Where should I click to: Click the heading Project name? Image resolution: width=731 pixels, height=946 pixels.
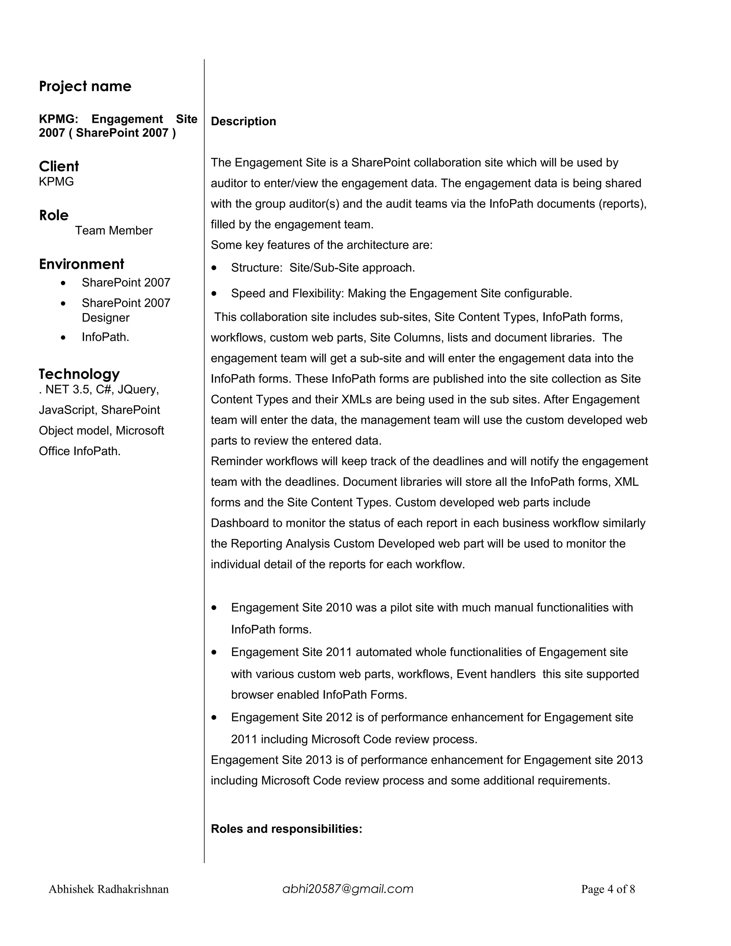pos(85,87)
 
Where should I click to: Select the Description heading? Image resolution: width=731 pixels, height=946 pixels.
pos(243,121)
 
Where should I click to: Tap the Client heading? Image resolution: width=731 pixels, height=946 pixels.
pos(59,166)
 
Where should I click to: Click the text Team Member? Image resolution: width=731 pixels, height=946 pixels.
pos(114,231)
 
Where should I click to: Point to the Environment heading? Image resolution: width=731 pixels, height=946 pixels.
pos(81,264)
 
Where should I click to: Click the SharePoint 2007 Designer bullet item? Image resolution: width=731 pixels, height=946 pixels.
pos(126,310)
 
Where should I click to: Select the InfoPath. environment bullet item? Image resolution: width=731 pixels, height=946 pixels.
pos(105,337)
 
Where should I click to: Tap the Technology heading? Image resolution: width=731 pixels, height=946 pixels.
pos(79,374)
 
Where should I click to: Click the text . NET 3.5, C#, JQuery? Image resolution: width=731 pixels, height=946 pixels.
pos(99,389)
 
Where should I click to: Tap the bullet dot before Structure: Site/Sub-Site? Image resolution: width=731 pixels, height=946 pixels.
pos(214,268)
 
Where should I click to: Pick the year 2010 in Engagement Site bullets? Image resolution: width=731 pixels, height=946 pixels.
pos(339,608)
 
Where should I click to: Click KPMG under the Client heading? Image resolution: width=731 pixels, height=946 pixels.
pos(56,182)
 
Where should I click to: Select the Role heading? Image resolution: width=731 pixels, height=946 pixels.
pos(54,215)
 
